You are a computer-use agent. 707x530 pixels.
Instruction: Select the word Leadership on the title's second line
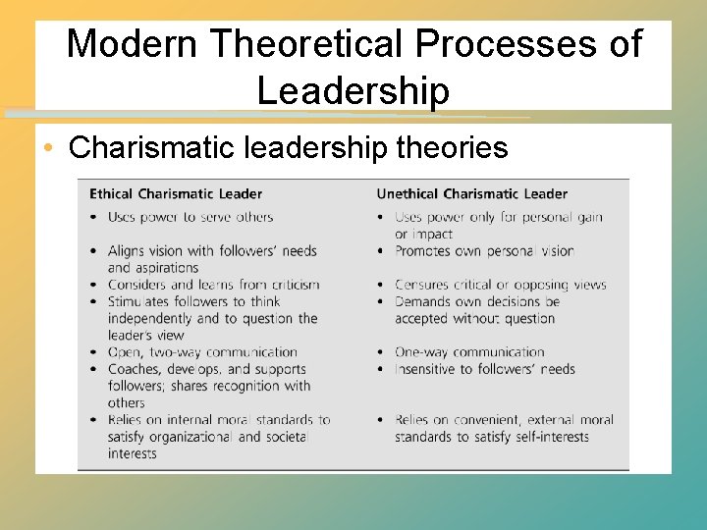(x=353, y=90)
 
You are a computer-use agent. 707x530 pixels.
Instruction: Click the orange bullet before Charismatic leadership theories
(x=49, y=148)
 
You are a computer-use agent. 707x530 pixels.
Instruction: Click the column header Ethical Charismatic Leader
(x=176, y=193)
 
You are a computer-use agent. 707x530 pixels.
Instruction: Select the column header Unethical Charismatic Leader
(x=471, y=193)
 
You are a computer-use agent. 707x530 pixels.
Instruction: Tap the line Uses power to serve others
(x=190, y=217)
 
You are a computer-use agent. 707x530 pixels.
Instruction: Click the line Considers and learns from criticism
(x=213, y=285)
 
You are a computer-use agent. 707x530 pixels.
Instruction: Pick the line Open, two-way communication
(x=202, y=352)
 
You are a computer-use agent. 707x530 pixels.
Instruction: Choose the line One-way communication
(x=469, y=352)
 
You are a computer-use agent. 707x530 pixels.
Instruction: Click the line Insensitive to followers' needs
(x=484, y=369)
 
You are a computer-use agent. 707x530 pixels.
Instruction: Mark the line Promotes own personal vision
(x=484, y=251)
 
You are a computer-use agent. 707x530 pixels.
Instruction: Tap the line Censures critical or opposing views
(x=501, y=285)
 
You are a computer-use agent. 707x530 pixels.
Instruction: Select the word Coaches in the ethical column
(x=136, y=369)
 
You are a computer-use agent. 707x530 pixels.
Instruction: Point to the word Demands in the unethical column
(x=424, y=301)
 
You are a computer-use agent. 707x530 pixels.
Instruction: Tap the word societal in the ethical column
(x=287, y=437)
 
